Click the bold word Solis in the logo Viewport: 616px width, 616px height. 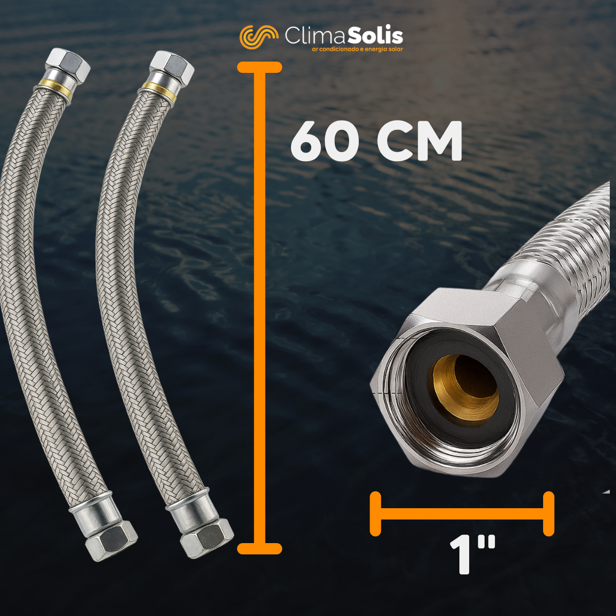click(375, 36)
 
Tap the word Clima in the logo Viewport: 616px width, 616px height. click(315, 36)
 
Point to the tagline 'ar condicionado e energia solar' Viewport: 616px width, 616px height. click(357, 49)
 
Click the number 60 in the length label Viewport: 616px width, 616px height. click(324, 141)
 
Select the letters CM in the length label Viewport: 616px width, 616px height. click(419, 141)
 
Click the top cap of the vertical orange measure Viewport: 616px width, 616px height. click(259, 67)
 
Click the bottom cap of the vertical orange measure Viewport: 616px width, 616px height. click(259, 548)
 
